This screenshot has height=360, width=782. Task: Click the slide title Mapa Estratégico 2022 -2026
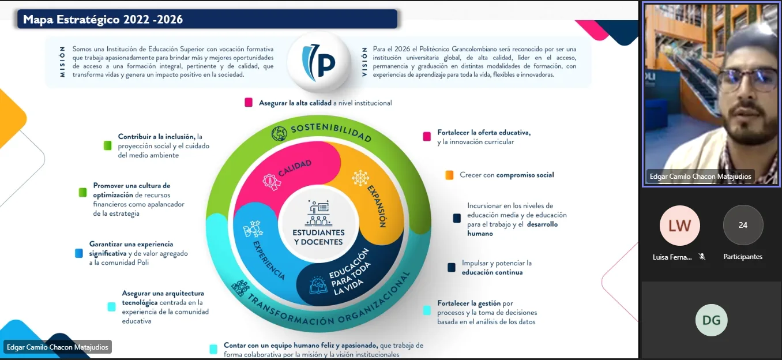tap(103, 20)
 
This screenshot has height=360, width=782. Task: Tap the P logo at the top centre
tap(319, 62)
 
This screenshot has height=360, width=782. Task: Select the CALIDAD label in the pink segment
tap(295, 168)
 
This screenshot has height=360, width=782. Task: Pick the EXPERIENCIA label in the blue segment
tap(269, 260)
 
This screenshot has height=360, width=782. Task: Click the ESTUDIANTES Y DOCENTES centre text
tap(319, 237)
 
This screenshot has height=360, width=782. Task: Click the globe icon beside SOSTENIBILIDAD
tap(279, 134)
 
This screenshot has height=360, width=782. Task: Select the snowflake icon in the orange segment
tap(360, 178)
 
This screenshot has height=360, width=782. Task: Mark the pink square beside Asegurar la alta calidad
tap(249, 103)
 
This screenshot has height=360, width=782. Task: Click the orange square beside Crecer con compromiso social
tap(449, 175)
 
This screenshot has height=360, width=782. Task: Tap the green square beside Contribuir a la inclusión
tap(107, 146)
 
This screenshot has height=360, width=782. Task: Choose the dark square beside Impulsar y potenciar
tap(452, 267)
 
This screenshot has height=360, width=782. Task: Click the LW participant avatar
tap(680, 226)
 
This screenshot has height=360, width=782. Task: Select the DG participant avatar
tap(711, 320)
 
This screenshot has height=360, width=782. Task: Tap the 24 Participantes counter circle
tap(743, 226)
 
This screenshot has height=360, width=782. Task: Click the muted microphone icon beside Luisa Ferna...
tap(702, 257)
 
